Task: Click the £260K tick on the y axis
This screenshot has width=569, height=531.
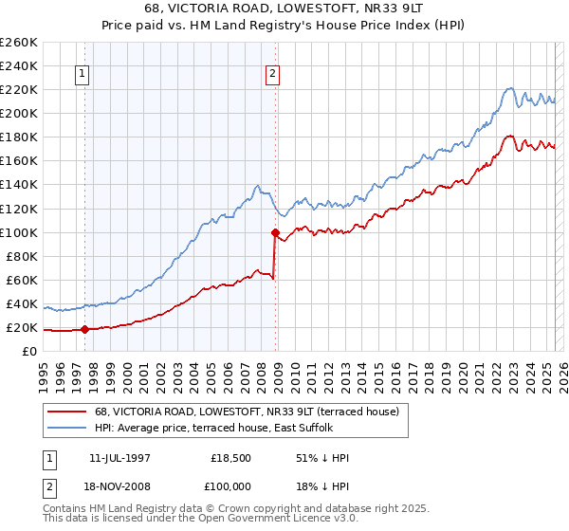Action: tap(19, 43)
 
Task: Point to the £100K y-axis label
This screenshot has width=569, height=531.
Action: tap(19, 232)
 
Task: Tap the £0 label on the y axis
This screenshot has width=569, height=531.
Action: tap(29, 352)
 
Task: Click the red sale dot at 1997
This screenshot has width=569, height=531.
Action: tap(84, 329)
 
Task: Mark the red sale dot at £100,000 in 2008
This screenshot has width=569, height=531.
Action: tap(275, 232)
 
